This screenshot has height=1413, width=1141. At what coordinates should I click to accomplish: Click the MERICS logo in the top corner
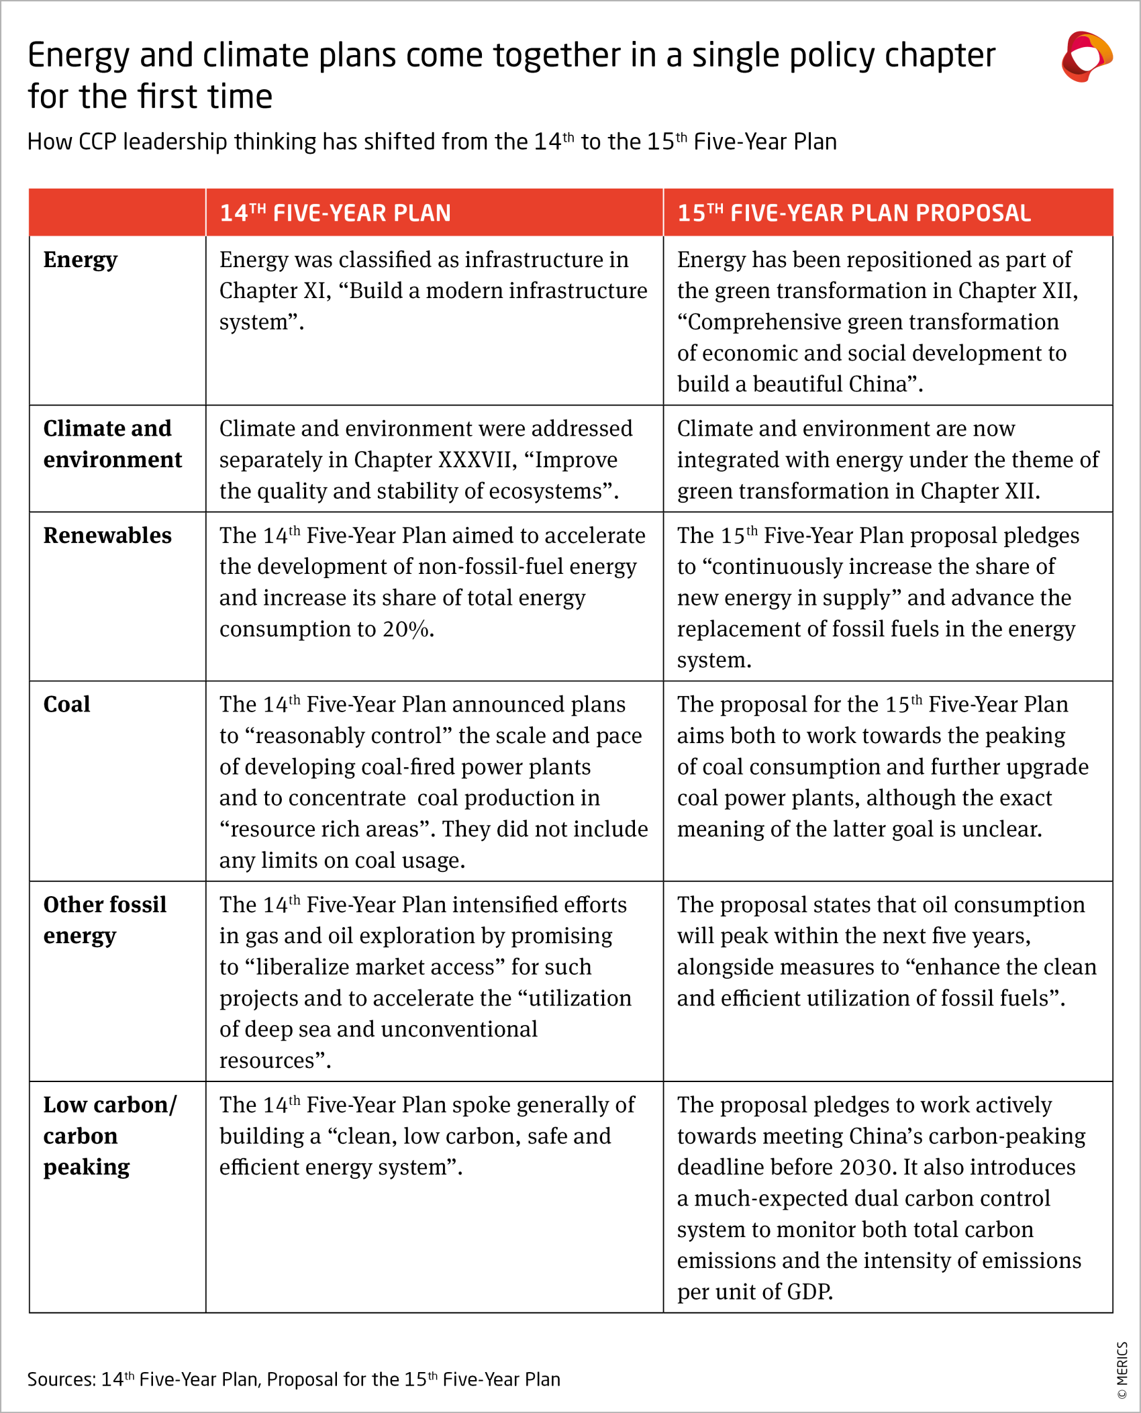tap(1086, 57)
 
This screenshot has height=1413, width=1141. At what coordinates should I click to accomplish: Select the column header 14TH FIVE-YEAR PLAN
tap(335, 213)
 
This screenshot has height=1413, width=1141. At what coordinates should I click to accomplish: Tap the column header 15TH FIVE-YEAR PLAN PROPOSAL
tap(853, 213)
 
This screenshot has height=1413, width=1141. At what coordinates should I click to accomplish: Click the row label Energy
tap(80, 259)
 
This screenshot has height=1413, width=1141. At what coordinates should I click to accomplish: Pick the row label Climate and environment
tap(111, 444)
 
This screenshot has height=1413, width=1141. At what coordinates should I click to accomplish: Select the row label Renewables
tap(107, 535)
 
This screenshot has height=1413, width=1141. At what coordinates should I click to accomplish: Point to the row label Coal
tap(66, 704)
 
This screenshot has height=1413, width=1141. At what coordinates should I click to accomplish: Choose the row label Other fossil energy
tap(104, 920)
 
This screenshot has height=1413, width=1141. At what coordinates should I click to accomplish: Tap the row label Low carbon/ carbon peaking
tap(109, 1136)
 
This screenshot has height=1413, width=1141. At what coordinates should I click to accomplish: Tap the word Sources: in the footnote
tap(62, 1379)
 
